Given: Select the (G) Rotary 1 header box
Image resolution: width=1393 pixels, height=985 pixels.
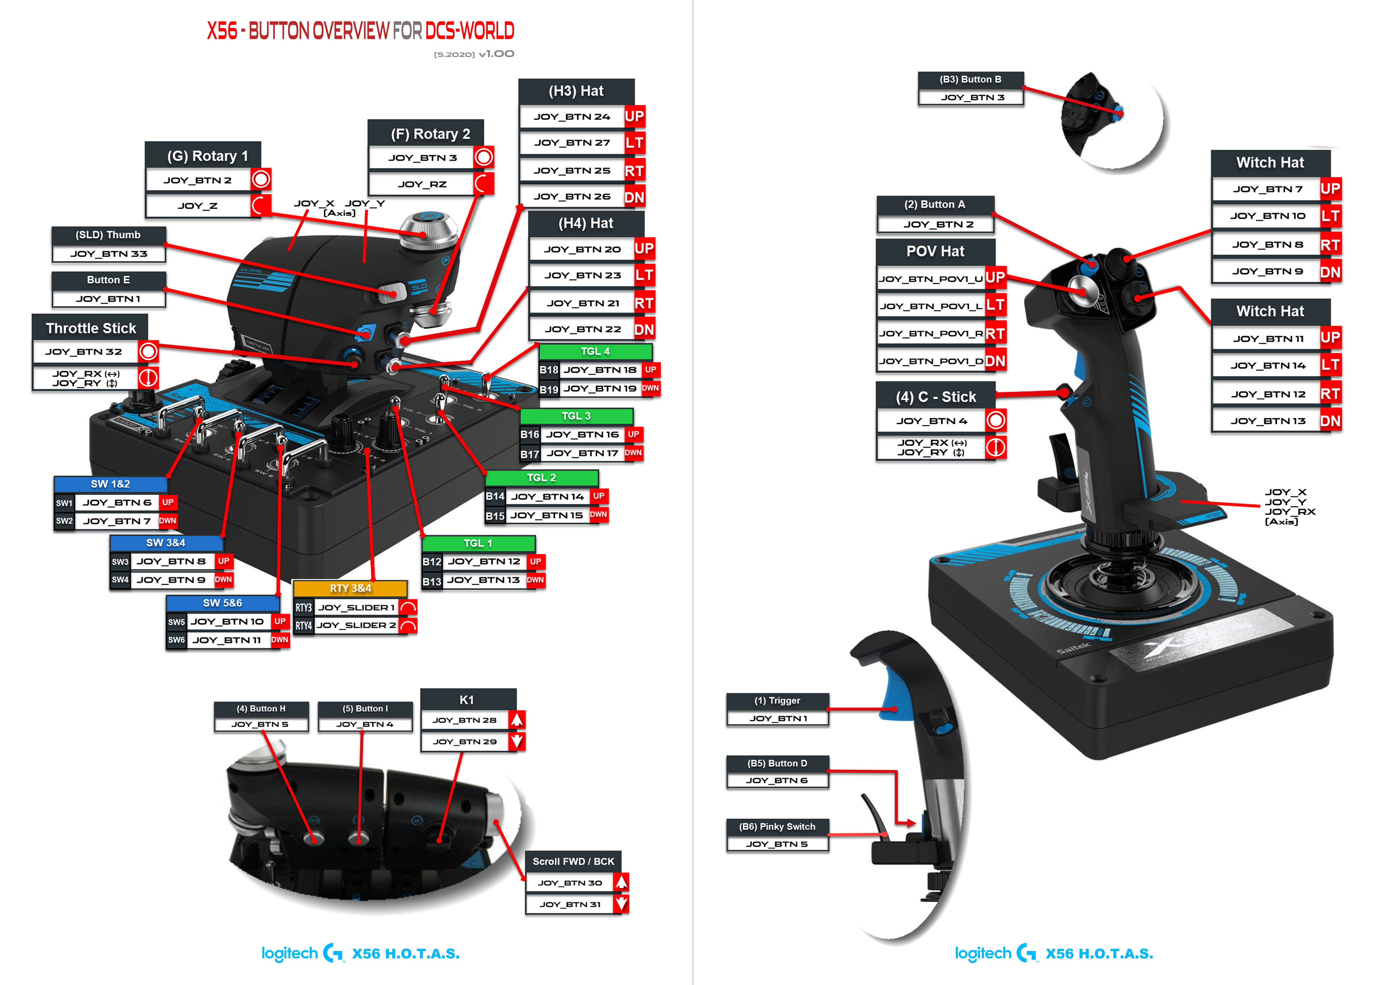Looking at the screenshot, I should click(203, 156).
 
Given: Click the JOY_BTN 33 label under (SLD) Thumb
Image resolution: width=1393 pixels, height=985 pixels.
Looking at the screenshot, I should click(109, 254).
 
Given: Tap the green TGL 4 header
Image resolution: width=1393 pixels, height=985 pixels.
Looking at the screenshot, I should click(595, 351).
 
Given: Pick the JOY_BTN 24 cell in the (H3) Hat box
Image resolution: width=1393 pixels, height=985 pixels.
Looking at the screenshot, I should click(571, 117).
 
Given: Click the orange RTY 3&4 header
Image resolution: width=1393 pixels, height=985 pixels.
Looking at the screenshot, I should click(350, 588).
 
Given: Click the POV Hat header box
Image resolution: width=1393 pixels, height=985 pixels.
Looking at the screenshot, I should click(935, 251).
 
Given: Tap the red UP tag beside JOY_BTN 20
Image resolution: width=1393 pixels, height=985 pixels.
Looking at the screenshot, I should click(644, 249).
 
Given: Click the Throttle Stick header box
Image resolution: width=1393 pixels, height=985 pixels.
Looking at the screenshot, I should click(90, 328).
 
